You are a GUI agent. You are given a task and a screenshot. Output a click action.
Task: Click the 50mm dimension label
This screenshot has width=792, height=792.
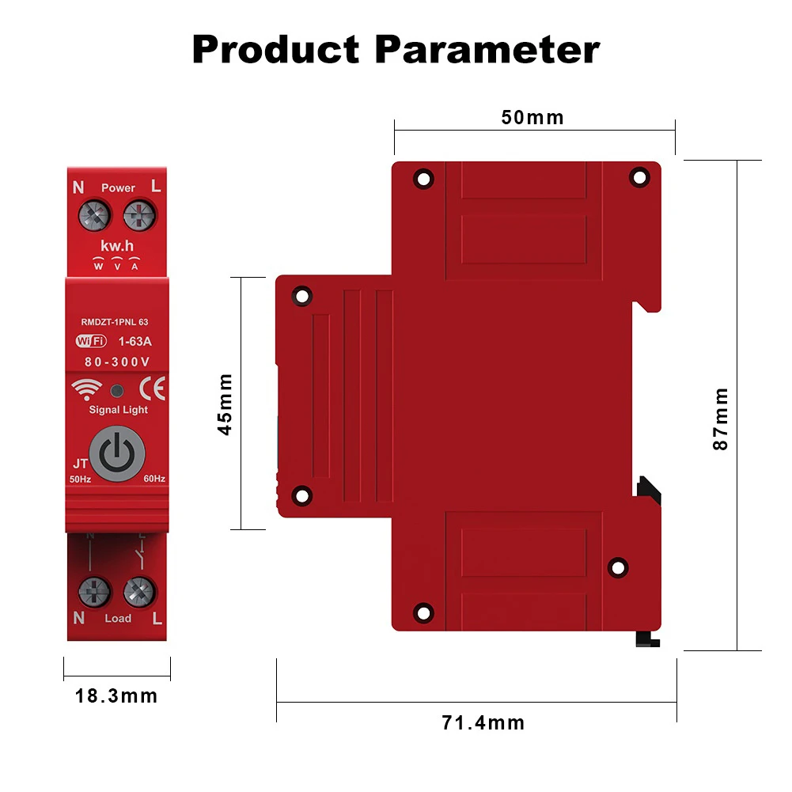[532, 118]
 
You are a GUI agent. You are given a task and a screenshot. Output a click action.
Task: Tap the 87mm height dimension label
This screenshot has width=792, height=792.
[720, 419]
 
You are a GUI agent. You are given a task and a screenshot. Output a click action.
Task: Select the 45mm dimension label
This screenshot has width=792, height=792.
[225, 404]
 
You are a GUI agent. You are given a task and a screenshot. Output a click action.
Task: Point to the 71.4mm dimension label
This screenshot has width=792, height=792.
[483, 722]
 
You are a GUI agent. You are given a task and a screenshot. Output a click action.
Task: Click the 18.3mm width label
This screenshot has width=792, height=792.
[116, 696]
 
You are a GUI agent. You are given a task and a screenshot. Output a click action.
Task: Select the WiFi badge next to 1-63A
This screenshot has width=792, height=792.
[91, 342]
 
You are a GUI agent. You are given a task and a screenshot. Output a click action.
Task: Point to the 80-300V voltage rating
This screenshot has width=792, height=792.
[117, 362]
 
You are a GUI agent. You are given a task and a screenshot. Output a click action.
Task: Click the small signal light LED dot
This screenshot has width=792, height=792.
[117, 390]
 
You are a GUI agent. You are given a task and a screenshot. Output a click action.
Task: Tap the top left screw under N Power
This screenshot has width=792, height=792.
[94, 214]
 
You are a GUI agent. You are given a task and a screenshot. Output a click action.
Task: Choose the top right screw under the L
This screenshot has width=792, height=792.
[139, 214]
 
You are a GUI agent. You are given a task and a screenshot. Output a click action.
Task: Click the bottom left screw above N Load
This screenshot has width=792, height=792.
[94, 590]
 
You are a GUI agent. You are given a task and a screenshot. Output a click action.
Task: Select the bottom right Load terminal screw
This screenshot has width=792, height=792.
[139, 590]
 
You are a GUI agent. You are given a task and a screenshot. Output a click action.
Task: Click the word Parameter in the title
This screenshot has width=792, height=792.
[487, 49]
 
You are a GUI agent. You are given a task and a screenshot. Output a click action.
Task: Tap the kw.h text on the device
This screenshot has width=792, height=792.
[117, 247]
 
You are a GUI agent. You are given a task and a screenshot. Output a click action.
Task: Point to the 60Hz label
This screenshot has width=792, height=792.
[153, 479]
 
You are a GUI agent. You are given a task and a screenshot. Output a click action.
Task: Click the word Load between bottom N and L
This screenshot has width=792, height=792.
[118, 618]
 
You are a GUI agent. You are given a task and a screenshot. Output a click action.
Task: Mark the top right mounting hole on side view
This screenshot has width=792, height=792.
[638, 178]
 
